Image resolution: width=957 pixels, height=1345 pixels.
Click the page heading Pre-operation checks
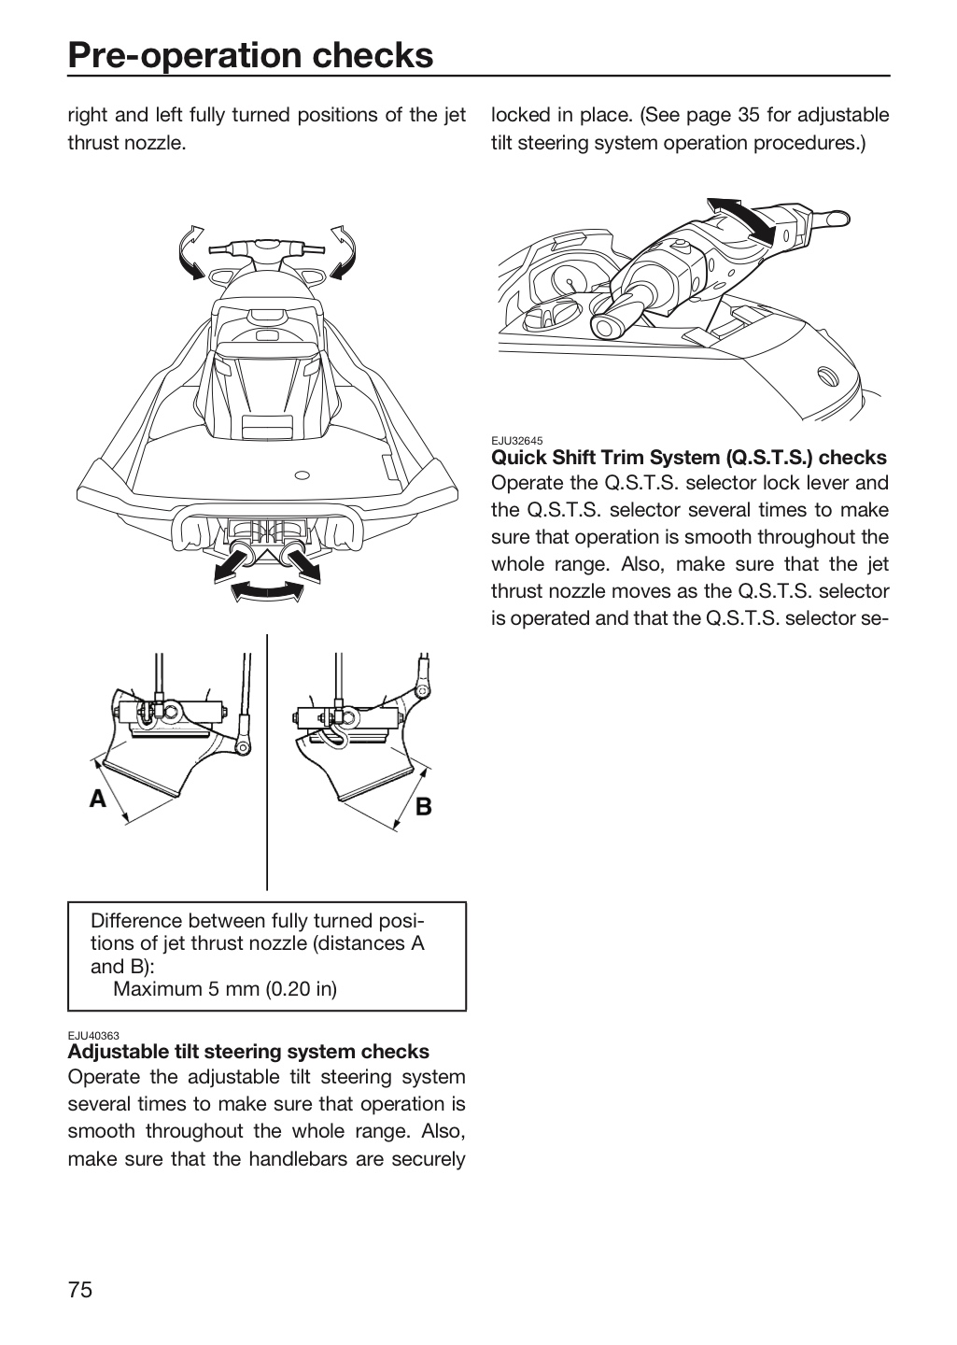250,55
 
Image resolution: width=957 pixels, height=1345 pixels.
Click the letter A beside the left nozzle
98,799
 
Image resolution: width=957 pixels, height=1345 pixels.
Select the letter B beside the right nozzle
423,806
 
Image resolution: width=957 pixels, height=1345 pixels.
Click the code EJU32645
517,441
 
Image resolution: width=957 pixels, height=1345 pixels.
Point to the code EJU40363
93,1035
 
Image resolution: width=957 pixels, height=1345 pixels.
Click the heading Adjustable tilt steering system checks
248,1052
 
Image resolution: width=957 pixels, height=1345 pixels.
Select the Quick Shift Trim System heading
689,458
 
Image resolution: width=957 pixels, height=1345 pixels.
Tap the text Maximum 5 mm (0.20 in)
225,988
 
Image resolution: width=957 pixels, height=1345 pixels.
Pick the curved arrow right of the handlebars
343,252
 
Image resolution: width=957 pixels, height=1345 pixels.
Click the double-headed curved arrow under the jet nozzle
267,591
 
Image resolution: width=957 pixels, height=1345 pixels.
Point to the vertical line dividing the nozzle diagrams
267,762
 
